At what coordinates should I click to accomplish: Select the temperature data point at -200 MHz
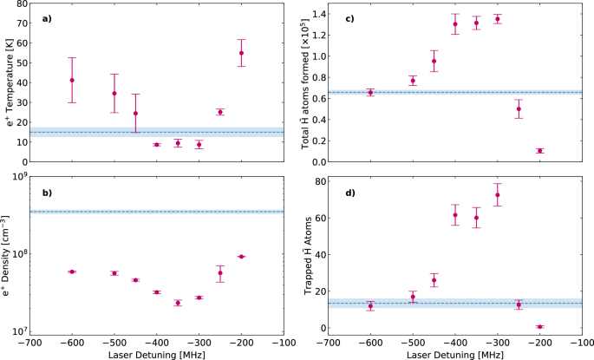tap(241, 53)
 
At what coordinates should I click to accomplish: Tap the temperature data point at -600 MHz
tap(72, 81)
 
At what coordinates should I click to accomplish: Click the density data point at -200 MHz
tap(241, 256)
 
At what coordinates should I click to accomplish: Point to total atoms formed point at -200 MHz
tap(539, 151)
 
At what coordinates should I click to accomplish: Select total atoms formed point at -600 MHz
tap(370, 92)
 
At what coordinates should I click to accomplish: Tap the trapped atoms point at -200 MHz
tap(539, 327)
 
